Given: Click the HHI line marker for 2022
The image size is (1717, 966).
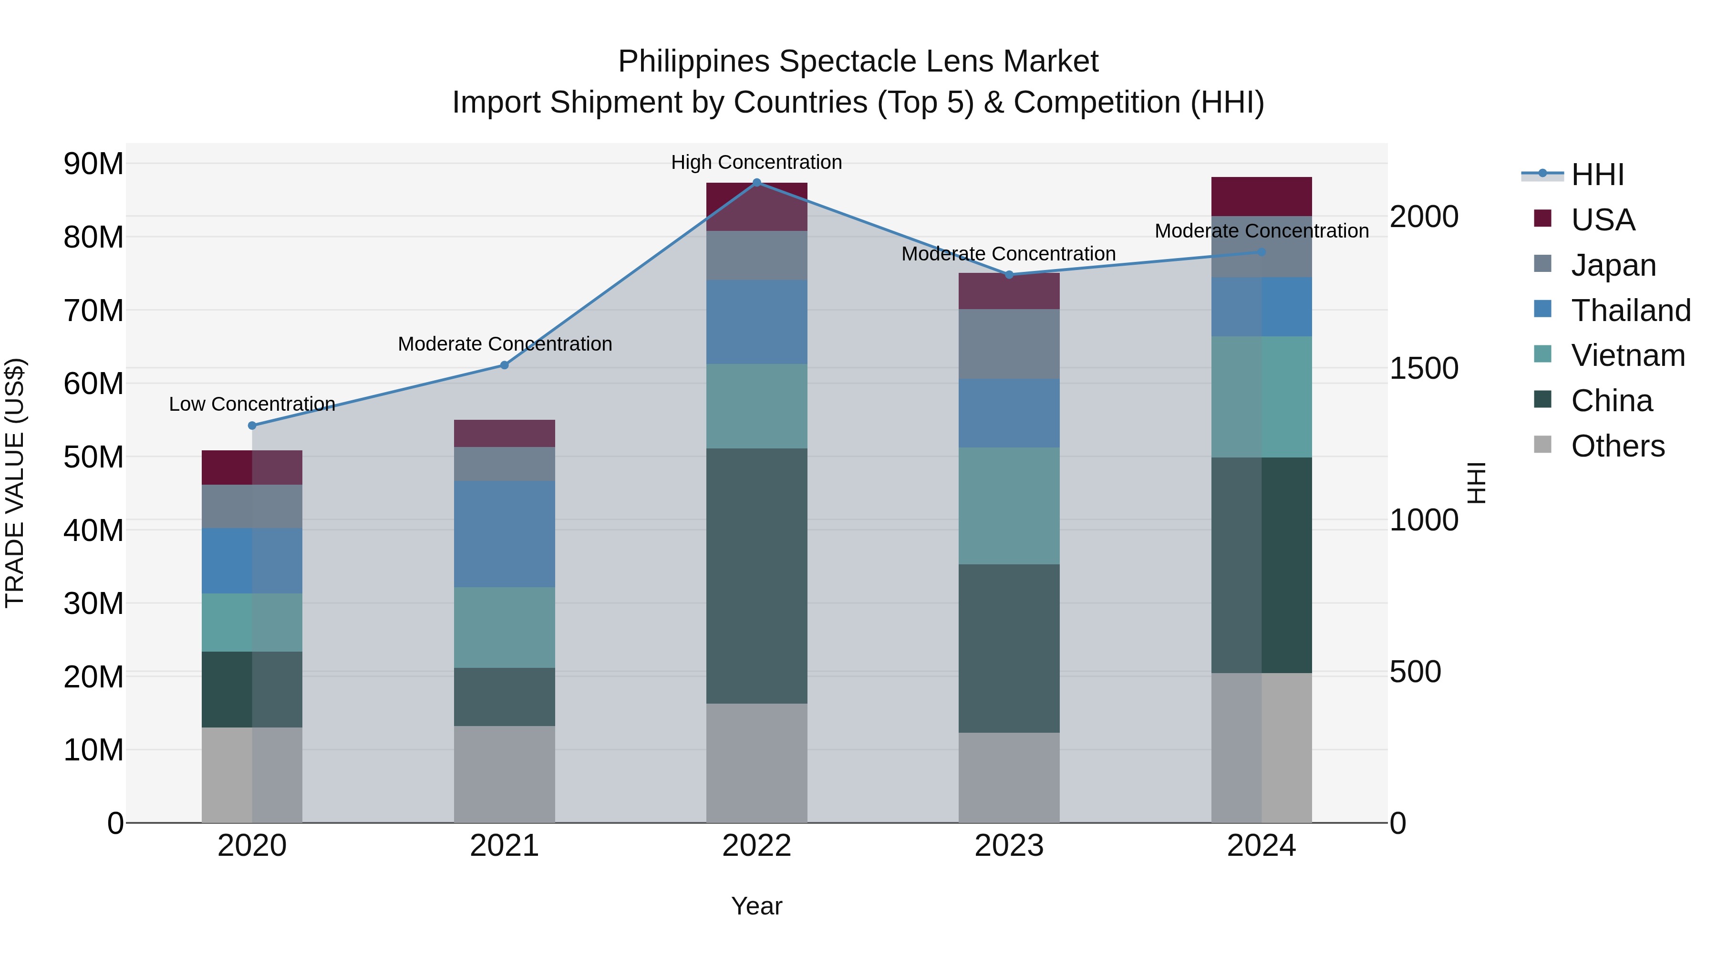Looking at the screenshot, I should click(756, 182).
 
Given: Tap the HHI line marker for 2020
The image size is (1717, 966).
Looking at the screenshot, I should click(252, 426).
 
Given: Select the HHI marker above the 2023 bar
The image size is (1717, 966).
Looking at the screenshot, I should click(1008, 275).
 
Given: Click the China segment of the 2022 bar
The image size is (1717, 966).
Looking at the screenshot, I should click(756, 575).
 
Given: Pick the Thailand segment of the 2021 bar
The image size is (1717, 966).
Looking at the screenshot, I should click(504, 534).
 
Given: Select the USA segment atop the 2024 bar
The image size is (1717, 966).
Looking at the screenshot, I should click(1261, 196).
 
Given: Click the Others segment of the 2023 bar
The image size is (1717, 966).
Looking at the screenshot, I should click(1008, 778).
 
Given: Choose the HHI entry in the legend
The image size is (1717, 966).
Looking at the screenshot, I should click(1597, 175).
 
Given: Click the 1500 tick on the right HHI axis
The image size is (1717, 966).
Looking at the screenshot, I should click(1424, 369).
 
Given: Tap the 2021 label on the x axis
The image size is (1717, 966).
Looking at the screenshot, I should click(504, 846).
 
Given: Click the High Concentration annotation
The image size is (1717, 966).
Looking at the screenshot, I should click(756, 162).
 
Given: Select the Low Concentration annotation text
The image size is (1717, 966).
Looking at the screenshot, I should click(252, 404).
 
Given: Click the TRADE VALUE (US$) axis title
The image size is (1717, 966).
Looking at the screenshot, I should click(15, 483).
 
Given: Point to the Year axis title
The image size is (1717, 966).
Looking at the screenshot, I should click(756, 906).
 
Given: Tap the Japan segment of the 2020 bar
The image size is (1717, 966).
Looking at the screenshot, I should click(252, 506).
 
